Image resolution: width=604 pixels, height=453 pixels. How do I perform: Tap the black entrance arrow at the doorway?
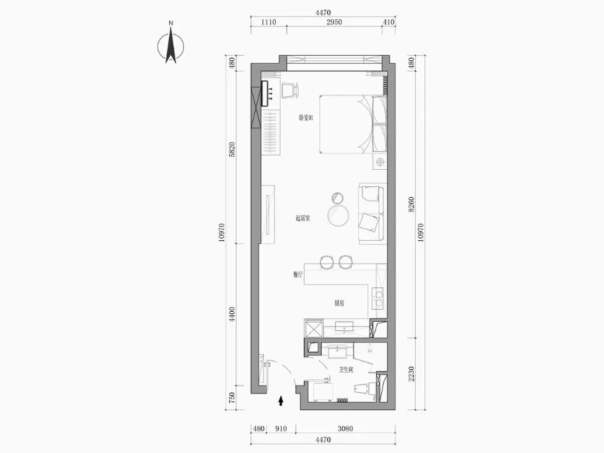281,402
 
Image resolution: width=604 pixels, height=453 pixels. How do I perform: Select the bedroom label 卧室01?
307,117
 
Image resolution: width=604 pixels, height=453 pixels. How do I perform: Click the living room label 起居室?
302,219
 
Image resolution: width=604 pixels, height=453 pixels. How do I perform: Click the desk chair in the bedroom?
290,90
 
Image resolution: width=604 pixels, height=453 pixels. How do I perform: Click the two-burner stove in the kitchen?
378,297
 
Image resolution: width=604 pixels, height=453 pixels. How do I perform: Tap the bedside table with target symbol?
379,163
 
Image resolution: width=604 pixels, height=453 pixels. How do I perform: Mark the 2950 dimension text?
334,23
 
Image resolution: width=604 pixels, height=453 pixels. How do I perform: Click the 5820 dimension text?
231,150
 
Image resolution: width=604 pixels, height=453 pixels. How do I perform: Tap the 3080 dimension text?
346,430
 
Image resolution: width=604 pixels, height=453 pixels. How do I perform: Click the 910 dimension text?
280,430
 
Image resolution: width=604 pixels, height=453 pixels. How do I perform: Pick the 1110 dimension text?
268,23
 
